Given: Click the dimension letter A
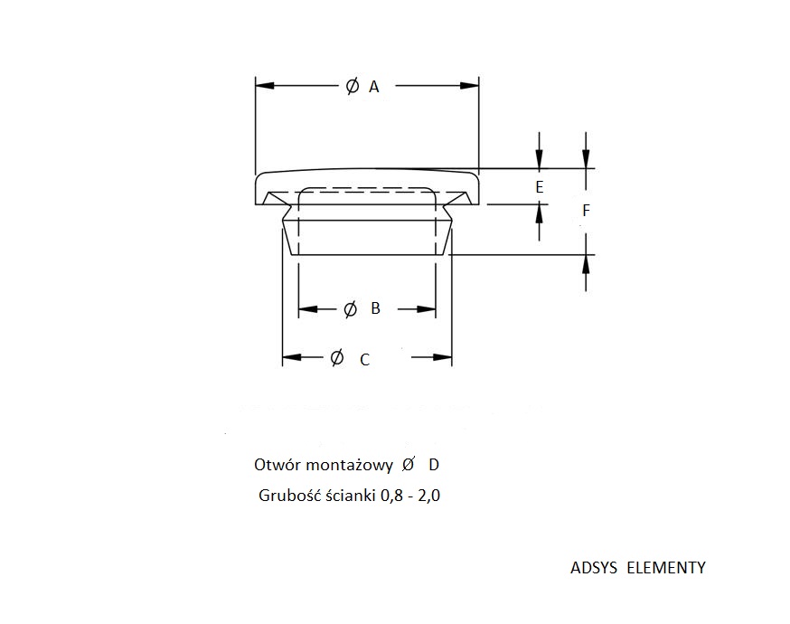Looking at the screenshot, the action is click(374, 87).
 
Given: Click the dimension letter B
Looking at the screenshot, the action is click(375, 308).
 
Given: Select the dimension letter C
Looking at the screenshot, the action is click(365, 359).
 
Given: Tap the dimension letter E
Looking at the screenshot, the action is click(539, 187).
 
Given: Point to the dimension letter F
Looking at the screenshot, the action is click(586, 211).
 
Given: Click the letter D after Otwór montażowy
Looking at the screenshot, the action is click(434, 465).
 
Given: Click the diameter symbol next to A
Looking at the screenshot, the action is click(353, 86).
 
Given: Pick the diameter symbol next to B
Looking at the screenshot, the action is click(350, 309).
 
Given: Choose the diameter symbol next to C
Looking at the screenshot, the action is click(337, 357).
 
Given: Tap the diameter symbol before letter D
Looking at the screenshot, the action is click(408, 464).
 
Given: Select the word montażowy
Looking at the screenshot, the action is click(349, 465).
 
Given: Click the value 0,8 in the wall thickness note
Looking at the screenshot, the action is click(392, 496).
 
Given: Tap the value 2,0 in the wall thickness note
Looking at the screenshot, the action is click(428, 496).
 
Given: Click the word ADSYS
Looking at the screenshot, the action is click(594, 568).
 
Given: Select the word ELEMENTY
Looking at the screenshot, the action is click(666, 568).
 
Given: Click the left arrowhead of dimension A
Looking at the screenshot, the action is click(265, 86).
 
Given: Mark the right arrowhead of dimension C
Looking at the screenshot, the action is click(442, 357).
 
